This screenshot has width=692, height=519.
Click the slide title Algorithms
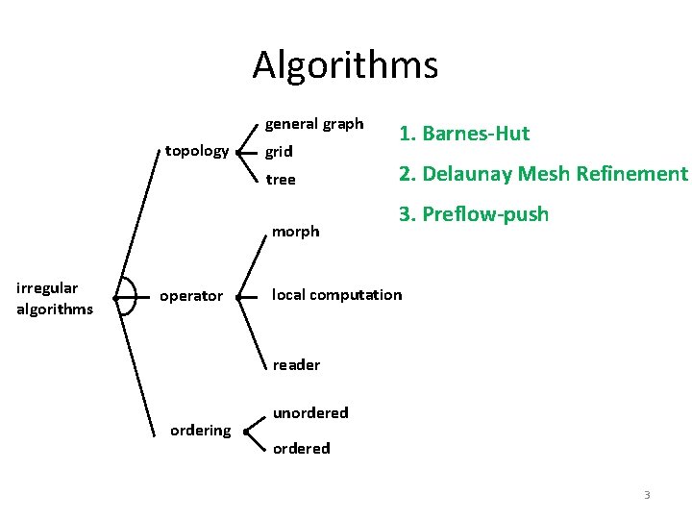pos(345,65)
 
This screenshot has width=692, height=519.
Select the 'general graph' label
pos(314,124)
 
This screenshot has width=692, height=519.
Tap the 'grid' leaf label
pos(279,152)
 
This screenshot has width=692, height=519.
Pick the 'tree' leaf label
pos(281,180)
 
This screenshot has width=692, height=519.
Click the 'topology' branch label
pos(197,151)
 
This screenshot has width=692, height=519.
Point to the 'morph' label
pos(296,231)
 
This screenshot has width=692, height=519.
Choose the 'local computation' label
pos(337,294)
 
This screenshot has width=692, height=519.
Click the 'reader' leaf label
pos(296,364)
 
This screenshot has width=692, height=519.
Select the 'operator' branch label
pos(190,296)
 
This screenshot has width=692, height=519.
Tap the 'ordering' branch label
pos(200,430)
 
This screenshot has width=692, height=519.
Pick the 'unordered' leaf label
pos(310,412)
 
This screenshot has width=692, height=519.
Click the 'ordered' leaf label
pos(301,448)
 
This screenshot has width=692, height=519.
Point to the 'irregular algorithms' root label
pos(55,298)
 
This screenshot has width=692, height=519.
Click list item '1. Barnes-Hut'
pos(464,134)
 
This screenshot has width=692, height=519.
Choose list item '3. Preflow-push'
pos(474,213)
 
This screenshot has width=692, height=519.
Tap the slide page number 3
pos(647,495)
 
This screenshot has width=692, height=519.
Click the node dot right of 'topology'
pos(236,152)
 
